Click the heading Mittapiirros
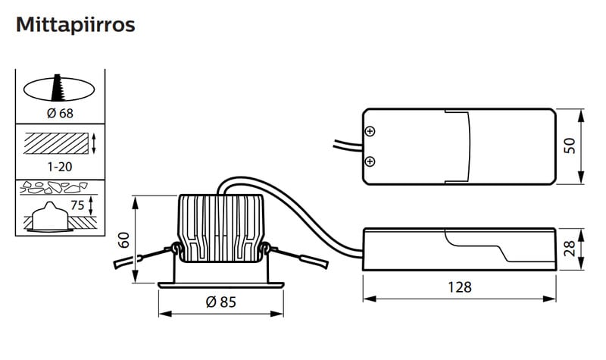pyautogui.click(x=75, y=25)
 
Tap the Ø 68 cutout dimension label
pyautogui.click(x=60, y=113)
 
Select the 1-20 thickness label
pyautogui.click(x=60, y=167)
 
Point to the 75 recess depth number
pyautogui.click(x=77, y=205)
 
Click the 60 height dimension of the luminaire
pyautogui.click(x=124, y=239)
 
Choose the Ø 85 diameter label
pyautogui.click(x=220, y=302)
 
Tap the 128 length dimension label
pyautogui.click(x=460, y=287)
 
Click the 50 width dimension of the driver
pyautogui.click(x=570, y=146)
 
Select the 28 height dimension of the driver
pyautogui.click(x=570, y=249)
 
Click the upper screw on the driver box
pyautogui.click(x=370, y=131)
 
